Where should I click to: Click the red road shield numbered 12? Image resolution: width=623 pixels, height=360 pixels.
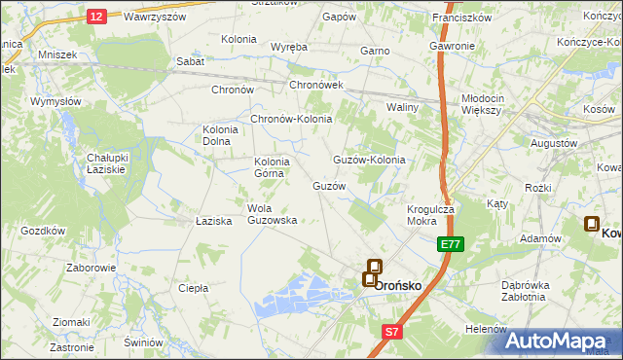click(x=95, y=16)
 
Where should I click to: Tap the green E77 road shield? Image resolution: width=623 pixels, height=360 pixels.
click(x=450, y=245)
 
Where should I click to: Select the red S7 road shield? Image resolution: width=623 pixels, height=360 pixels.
click(x=391, y=332)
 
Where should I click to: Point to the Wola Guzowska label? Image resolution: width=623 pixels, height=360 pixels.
click(x=273, y=214)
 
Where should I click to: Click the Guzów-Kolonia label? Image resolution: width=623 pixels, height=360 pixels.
click(x=369, y=160)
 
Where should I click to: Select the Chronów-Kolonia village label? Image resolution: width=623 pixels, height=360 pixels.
click(x=292, y=119)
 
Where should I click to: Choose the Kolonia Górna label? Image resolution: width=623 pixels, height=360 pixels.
click(x=272, y=167)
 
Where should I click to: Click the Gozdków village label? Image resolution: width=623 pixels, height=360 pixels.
click(x=43, y=231)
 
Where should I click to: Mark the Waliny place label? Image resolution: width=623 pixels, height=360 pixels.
click(x=402, y=107)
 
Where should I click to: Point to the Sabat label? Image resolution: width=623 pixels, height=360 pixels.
click(x=190, y=61)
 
